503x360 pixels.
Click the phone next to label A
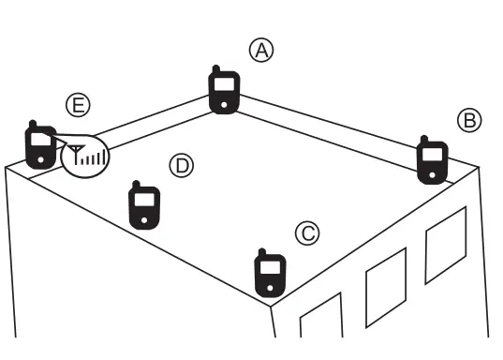[223, 92]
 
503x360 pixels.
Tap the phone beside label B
[432, 160]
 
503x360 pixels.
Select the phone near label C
[270, 273]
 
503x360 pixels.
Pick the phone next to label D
[143, 203]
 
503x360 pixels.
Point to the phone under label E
[39, 146]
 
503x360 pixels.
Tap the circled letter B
[468, 120]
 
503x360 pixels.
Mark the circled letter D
[180, 166]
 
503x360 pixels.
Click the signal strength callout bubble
[85, 156]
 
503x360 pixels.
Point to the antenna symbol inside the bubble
[75, 154]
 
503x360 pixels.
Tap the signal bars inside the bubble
[92, 158]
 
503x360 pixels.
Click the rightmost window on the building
[445, 243]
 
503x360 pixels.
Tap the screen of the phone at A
[223, 85]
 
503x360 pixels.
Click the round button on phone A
[223, 103]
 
